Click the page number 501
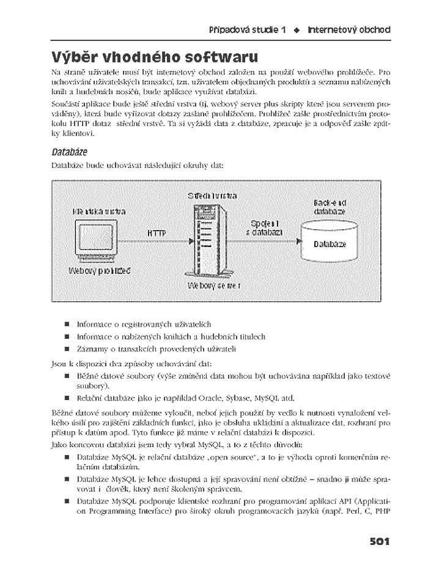[x=379, y=541]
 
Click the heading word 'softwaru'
[x=213, y=58]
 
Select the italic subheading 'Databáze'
[x=69, y=150]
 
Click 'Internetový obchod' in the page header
[x=349, y=29]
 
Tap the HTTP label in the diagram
[x=157, y=233]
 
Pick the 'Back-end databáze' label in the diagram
[x=330, y=207]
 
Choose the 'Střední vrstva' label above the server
[x=212, y=196]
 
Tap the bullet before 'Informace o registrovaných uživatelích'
[x=66, y=324]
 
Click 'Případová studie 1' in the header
[x=248, y=29]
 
